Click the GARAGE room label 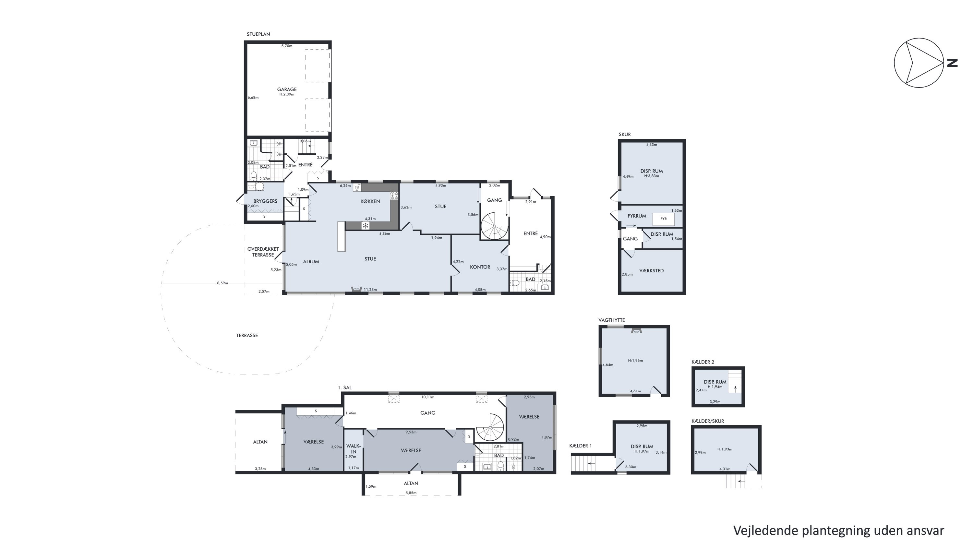[287, 89]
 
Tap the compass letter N [953, 63]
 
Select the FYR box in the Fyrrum [663, 219]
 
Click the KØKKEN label [370, 201]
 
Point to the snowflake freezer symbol [365, 226]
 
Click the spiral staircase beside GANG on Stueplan [494, 226]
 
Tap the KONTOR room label [480, 267]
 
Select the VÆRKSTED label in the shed [651, 271]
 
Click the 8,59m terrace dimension [222, 283]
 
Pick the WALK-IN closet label [354, 449]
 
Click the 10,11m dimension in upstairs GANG [427, 397]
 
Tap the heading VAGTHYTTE [611, 320]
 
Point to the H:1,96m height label [635, 361]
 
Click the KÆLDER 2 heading [703, 362]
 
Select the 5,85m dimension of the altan [411, 493]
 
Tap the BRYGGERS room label [265, 201]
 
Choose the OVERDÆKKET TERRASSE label [263, 252]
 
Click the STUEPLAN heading [258, 34]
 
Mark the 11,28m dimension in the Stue [370, 290]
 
